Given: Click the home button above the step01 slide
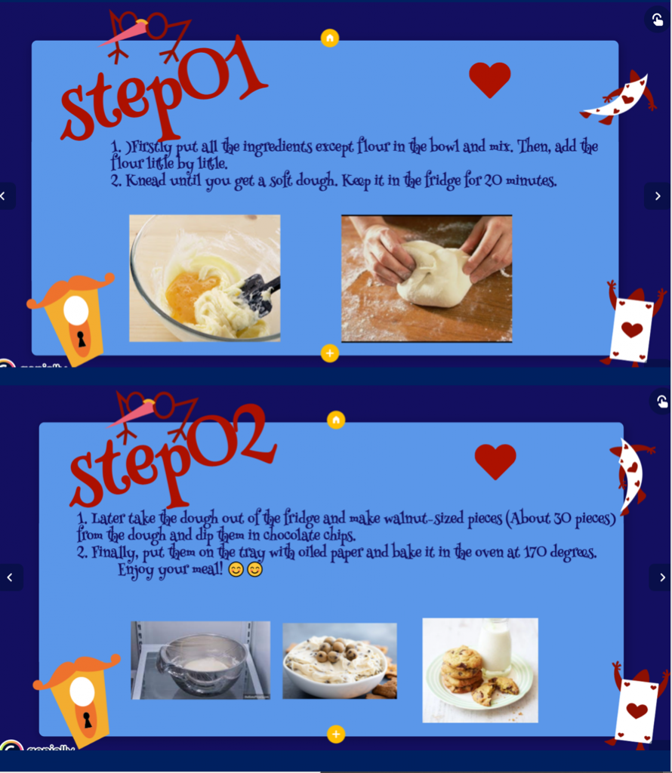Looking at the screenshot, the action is [330, 38].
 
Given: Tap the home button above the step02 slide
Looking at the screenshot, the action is [336, 420].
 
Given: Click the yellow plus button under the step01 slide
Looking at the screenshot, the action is [330, 353].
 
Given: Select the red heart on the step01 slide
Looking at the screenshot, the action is [489, 79].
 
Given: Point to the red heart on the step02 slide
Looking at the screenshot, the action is [495, 461].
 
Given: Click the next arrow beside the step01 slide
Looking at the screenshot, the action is [658, 196].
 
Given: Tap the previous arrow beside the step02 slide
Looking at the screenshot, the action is [10, 577].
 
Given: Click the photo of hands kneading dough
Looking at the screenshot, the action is [427, 278].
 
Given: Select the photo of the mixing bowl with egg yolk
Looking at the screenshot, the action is [205, 278].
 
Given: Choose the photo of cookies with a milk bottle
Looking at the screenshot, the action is [480, 670].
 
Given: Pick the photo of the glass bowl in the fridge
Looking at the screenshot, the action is [201, 660].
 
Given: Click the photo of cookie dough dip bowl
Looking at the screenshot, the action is [340, 661].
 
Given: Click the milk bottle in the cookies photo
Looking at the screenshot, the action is [495, 646].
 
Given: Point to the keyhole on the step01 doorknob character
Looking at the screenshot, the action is [82, 339].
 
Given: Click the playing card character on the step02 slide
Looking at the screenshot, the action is [637, 708].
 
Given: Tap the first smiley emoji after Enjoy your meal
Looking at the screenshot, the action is [236, 569].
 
